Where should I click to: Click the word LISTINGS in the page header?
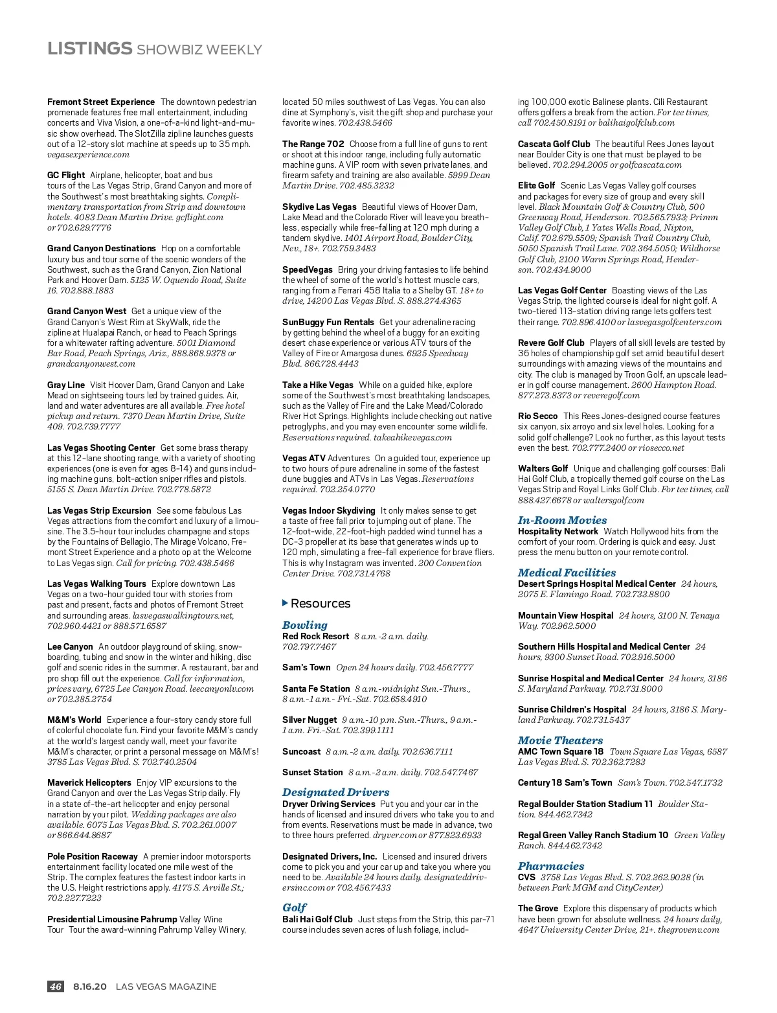[89, 49]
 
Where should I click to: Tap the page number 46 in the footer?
[56, 986]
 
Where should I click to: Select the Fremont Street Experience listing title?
[101, 102]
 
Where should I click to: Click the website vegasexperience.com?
[88, 154]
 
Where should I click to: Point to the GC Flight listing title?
[66, 175]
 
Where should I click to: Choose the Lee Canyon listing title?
[70, 646]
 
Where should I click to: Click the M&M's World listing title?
[74, 720]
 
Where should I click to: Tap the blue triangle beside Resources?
[286, 603]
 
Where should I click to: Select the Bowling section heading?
[304, 625]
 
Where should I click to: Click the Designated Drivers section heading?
[335, 792]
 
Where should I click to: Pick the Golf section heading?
[294, 907]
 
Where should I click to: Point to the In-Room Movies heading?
[562, 520]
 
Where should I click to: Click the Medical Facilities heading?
[567, 573]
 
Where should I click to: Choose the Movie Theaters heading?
[560, 740]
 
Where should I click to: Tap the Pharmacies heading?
[550, 866]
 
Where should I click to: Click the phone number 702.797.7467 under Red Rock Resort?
[309, 646]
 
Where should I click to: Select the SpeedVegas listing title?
[308, 269]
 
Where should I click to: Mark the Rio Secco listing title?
[537, 416]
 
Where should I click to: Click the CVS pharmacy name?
[526, 877]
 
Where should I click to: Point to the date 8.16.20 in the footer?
[90, 986]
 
